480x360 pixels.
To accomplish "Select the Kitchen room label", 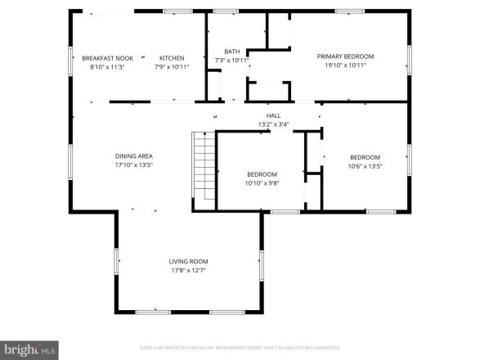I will coord(172,58).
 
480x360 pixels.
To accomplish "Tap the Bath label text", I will coord(232,52).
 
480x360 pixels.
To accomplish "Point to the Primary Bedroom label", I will coord(345,56).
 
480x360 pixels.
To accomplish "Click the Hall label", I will coord(273,116).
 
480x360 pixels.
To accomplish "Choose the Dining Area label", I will coord(133,155).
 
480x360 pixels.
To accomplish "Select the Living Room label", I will coord(189,261).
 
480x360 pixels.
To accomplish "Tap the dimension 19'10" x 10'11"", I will coord(345,65).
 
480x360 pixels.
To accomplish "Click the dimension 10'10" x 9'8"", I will coord(262,183).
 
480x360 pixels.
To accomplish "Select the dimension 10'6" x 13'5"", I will coord(365,166).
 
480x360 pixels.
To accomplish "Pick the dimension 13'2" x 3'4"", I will coord(273,124).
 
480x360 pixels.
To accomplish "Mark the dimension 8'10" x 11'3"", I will coord(106,67).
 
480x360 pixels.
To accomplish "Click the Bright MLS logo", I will coord(29,349).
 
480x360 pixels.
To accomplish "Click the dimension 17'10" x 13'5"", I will coord(133,164).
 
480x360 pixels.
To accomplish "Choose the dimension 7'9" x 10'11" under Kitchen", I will coord(172,67).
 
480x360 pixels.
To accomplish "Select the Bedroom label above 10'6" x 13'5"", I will coord(365,157).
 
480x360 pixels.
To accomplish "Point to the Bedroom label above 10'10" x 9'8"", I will coord(262,174).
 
